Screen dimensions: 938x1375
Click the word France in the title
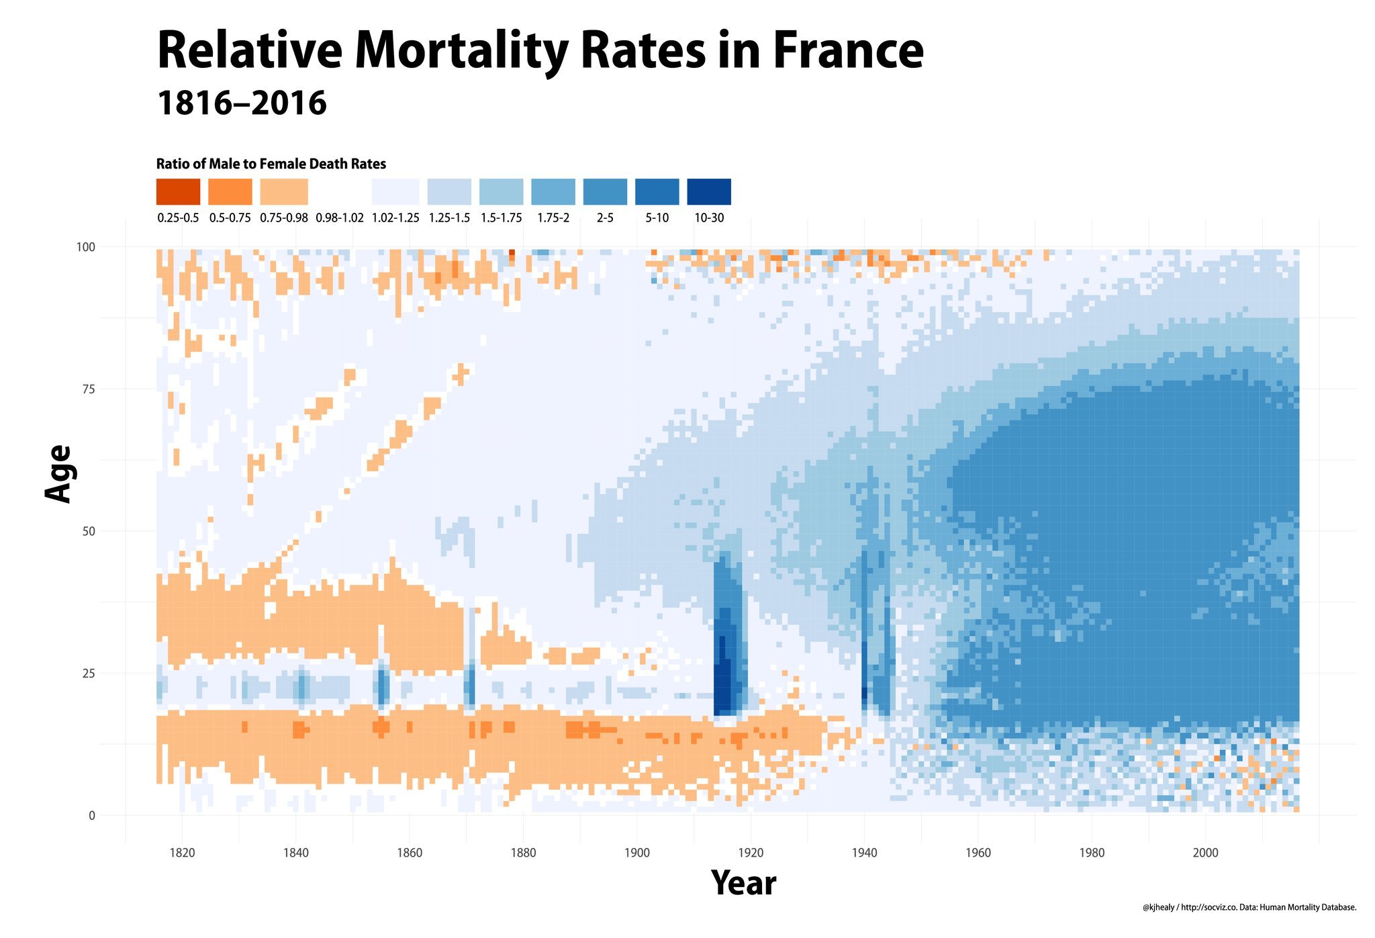coord(848,52)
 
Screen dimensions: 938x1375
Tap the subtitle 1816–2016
coord(242,103)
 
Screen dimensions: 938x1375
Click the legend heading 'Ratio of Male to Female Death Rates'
coord(271,164)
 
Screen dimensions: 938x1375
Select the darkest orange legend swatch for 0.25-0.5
coord(178,191)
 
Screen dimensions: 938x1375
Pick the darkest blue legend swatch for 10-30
coord(709,191)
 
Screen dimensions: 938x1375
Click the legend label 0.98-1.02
coord(339,218)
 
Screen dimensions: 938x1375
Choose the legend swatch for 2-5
coord(605,191)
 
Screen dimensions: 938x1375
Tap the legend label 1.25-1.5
coord(449,218)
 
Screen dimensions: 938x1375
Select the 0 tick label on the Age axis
coord(92,816)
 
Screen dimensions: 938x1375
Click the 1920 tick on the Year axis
coord(751,853)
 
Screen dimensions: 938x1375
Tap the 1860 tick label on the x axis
coord(410,853)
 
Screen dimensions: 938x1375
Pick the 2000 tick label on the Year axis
coord(1205,853)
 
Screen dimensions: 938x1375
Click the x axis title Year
coord(743,883)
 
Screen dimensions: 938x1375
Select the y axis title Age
coord(58,473)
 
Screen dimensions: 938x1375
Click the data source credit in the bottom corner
coord(1249,908)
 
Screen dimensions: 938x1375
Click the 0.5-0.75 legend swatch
coord(230,191)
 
